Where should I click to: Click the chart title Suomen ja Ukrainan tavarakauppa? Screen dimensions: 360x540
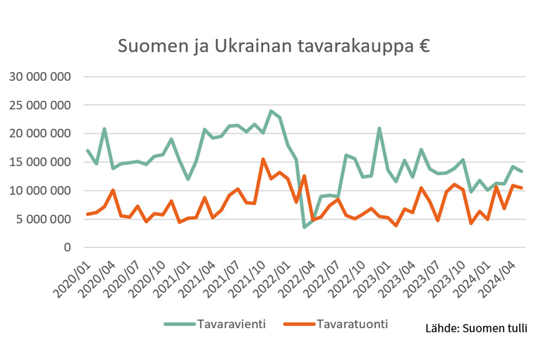pyautogui.click(x=264, y=46)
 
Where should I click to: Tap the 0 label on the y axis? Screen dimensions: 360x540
pyautogui.click(x=67, y=247)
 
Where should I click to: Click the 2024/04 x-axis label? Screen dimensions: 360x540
pyautogui.click(x=500, y=273)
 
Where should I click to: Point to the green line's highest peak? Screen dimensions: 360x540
pyautogui.click(x=271, y=111)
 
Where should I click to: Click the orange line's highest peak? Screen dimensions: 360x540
pyautogui.click(x=263, y=159)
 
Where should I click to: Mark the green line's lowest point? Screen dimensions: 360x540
pyautogui.click(x=305, y=227)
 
